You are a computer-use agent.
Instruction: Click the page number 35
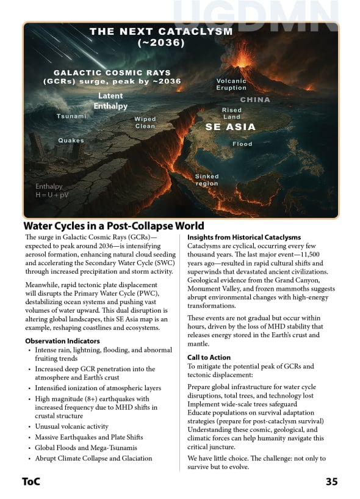click(x=331, y=481)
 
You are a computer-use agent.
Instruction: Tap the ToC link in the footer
click(x=31, y=481)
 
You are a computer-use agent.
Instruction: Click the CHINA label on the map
click(x=255, y=100)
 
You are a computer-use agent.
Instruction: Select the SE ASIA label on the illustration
click(x=230, y=127)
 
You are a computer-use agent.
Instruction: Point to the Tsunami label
click(x=71, y=116)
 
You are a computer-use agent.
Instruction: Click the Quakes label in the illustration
click(x=71, y=140)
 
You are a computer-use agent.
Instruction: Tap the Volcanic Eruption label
click(x=231, y=84)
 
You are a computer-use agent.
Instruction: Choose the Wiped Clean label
click(x=145, y=122)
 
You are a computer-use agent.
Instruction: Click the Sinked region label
click(x=207, y=180)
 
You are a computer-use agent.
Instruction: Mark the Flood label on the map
click(x=242, y=144)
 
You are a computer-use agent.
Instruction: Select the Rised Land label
click(x=232, y=113)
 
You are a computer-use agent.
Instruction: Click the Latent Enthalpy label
click(x=110, y=101)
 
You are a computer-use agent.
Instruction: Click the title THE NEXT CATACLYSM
click(x=161, y=31)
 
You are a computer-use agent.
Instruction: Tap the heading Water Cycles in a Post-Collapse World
click(x=113, y=226)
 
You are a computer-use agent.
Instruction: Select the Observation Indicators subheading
click(x=63, y=341)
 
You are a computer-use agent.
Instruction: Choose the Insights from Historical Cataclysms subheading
click(x=244, y=237)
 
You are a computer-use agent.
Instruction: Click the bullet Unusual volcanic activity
click(x=71, y=426)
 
